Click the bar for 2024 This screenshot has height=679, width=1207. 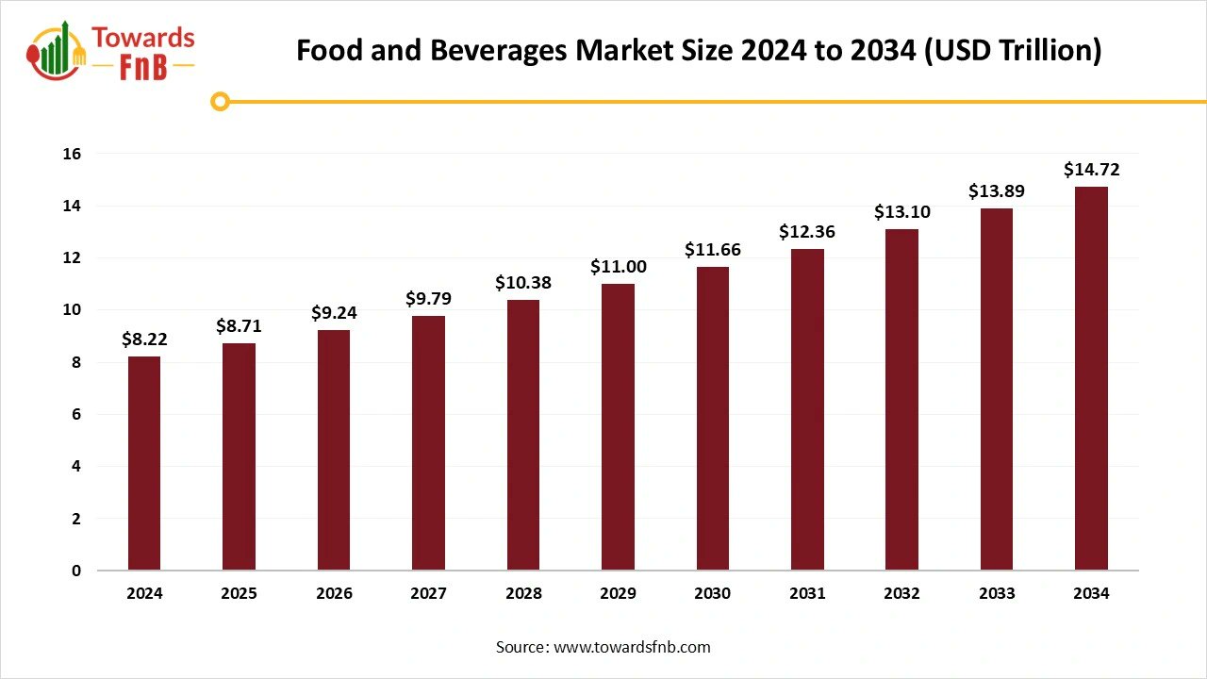coord(144,463)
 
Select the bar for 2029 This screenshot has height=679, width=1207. coord(618,427)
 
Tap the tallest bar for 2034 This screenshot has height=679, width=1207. coord(1091,378)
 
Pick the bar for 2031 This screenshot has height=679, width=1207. coord(807,409)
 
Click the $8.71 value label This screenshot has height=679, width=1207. coord(239,326)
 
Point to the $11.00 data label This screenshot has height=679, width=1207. coord(618,267)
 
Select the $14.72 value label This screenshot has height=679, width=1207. coord(1091,170)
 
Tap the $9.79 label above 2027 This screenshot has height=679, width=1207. coord(428,299)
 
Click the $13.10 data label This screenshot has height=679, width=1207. coord(901,212)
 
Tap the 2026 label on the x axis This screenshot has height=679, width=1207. coord(334,593)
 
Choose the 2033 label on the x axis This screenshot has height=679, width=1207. coord(997,593)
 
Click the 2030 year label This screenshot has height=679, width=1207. coord(712,593)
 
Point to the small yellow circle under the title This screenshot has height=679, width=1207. coord(220,101)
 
